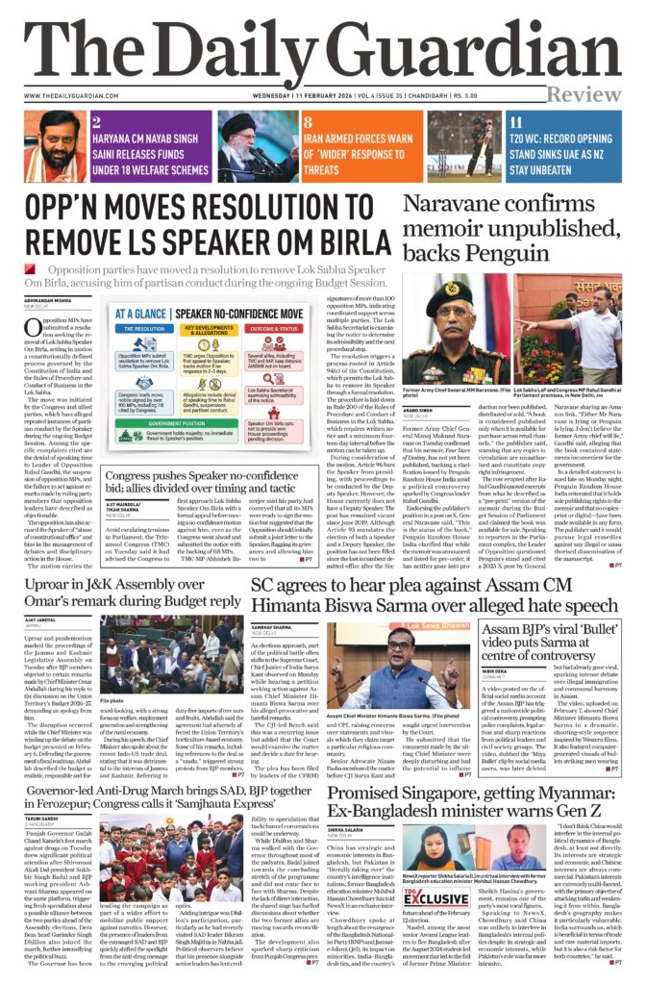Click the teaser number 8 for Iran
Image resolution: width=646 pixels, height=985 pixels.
coord(308,122)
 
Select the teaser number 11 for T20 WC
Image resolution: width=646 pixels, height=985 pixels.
coord(516,122)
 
